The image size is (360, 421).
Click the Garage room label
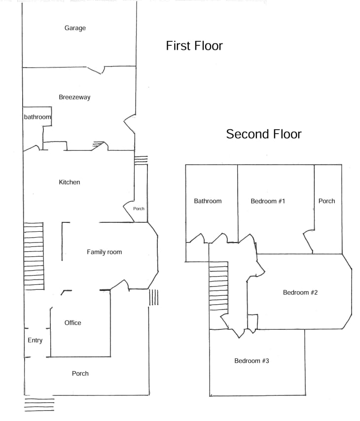[x=75, y=28]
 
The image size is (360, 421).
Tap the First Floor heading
[x=194, y=46]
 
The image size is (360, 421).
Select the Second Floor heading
[x=264, y=134]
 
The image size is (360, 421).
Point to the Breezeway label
[x=74, y=97]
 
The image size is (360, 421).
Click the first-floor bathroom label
[x=37, y=117]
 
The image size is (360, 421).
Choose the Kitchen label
[x=70, y=182]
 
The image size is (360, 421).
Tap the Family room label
[x=104, y=252]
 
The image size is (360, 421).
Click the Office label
[x=72, y=323]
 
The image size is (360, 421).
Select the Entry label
[x=35, y=341]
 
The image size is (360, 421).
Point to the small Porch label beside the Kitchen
[x=139, y=209]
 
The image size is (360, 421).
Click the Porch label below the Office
[x=80, y=374]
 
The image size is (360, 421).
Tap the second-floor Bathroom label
[x=208, y=201]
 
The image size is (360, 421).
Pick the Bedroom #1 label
[x=268, y=201]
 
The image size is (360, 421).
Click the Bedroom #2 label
[x=300, y=292]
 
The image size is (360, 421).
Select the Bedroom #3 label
[x=252, y=360]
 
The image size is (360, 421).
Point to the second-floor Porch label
[x=326, y=201]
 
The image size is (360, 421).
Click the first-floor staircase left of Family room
[x=34, y=256]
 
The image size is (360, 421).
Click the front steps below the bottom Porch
[x=39, y=405]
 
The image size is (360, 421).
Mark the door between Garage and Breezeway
[x=96, y=70]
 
